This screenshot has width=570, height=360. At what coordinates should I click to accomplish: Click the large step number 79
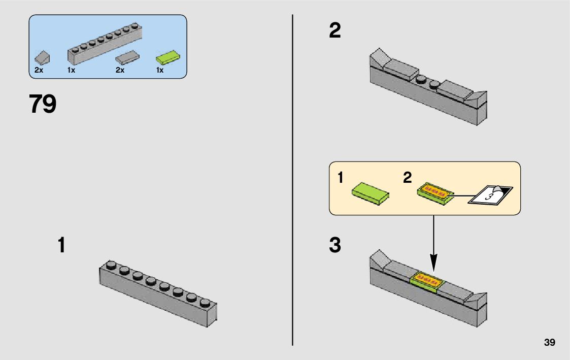tap(43, 104)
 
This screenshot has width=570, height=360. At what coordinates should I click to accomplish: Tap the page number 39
tap(549, 342)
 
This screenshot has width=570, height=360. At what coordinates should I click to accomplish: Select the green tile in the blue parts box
tap(168, 56)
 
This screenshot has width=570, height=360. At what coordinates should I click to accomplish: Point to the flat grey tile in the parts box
tap(127, 57)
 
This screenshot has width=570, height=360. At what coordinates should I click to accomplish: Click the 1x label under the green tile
tap(160, 71)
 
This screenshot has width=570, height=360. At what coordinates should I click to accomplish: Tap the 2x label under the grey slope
tap(39, 71)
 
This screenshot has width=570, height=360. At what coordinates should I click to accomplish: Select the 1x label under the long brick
tap(71, 71)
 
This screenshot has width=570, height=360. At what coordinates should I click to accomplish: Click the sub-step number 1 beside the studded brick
tap(61, 246)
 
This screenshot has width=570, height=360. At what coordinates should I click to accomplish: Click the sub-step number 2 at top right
tap(335, 31)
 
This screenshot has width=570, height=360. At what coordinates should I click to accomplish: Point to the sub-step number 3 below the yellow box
tap(335, 246)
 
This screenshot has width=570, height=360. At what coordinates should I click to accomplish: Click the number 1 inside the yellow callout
tap(341, 178)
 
